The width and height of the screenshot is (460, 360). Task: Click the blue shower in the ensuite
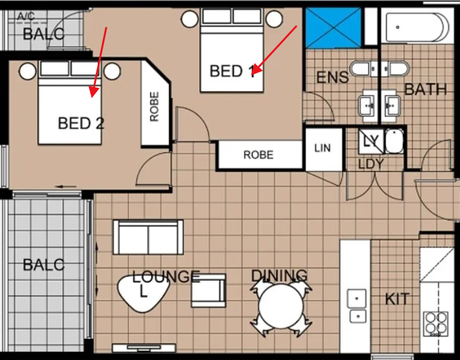333,28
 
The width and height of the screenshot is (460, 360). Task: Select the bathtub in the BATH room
417,27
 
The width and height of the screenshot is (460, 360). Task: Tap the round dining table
280,306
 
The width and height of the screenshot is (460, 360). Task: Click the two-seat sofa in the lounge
148,237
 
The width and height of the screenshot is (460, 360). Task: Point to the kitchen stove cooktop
436,324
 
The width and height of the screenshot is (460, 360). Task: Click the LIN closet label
322,148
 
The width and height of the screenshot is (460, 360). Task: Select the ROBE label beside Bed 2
154,107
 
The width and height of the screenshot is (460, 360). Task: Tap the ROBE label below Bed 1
258,155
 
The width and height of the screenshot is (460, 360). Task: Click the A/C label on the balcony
26,16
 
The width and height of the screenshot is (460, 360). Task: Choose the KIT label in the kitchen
397,299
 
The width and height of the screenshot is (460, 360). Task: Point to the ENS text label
332,77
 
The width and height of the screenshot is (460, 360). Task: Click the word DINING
279,276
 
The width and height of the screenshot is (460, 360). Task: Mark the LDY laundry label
371,164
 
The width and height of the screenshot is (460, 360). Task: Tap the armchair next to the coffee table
209,290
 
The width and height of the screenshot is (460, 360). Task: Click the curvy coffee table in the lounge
143,293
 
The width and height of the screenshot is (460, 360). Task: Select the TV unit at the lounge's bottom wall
144,348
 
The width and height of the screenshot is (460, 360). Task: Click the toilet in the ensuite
360,69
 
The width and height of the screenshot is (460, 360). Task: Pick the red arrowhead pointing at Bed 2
94,92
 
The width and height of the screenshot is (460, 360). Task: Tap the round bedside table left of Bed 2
27,71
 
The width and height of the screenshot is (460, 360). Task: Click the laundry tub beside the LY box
394,141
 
